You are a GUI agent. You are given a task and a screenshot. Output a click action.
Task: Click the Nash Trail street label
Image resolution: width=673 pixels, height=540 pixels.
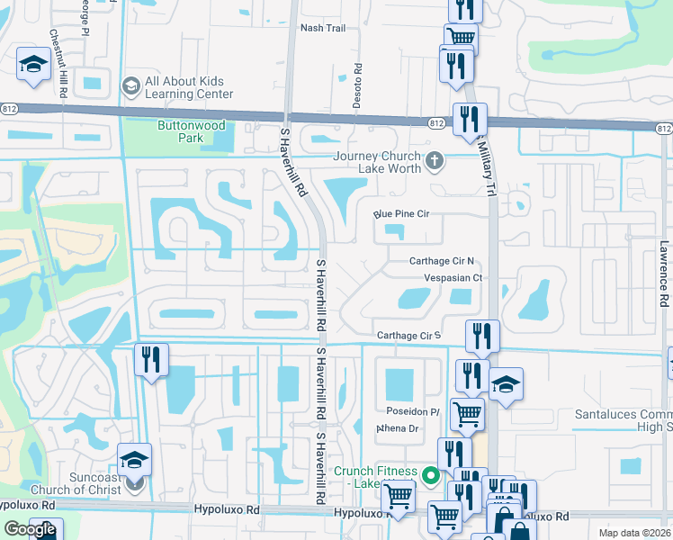(323, 28)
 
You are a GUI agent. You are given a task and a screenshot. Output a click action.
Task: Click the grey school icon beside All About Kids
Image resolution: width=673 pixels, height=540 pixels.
(131, 85)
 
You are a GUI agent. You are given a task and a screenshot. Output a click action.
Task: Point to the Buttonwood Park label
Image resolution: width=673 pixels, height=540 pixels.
(193, 132)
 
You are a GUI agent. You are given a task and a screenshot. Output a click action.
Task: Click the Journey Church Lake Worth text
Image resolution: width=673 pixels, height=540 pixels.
(377, 162)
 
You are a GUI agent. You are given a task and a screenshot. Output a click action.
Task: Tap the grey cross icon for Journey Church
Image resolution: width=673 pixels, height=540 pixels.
(435, 162)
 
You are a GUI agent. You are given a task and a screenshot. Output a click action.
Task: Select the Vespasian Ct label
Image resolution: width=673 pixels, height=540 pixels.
(453, 278)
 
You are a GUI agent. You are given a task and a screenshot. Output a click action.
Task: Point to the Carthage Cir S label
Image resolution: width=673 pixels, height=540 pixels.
(409, 336)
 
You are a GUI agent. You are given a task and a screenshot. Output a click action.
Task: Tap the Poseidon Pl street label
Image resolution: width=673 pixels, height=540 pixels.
(412, 411)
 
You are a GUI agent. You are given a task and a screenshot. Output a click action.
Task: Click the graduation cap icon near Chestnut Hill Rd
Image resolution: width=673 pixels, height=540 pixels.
(32, 64)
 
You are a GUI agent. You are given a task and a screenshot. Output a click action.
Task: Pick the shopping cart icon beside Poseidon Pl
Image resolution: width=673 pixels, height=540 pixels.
(466, 414)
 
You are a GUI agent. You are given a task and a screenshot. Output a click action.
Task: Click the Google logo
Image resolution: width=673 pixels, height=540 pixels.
(31, 529)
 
